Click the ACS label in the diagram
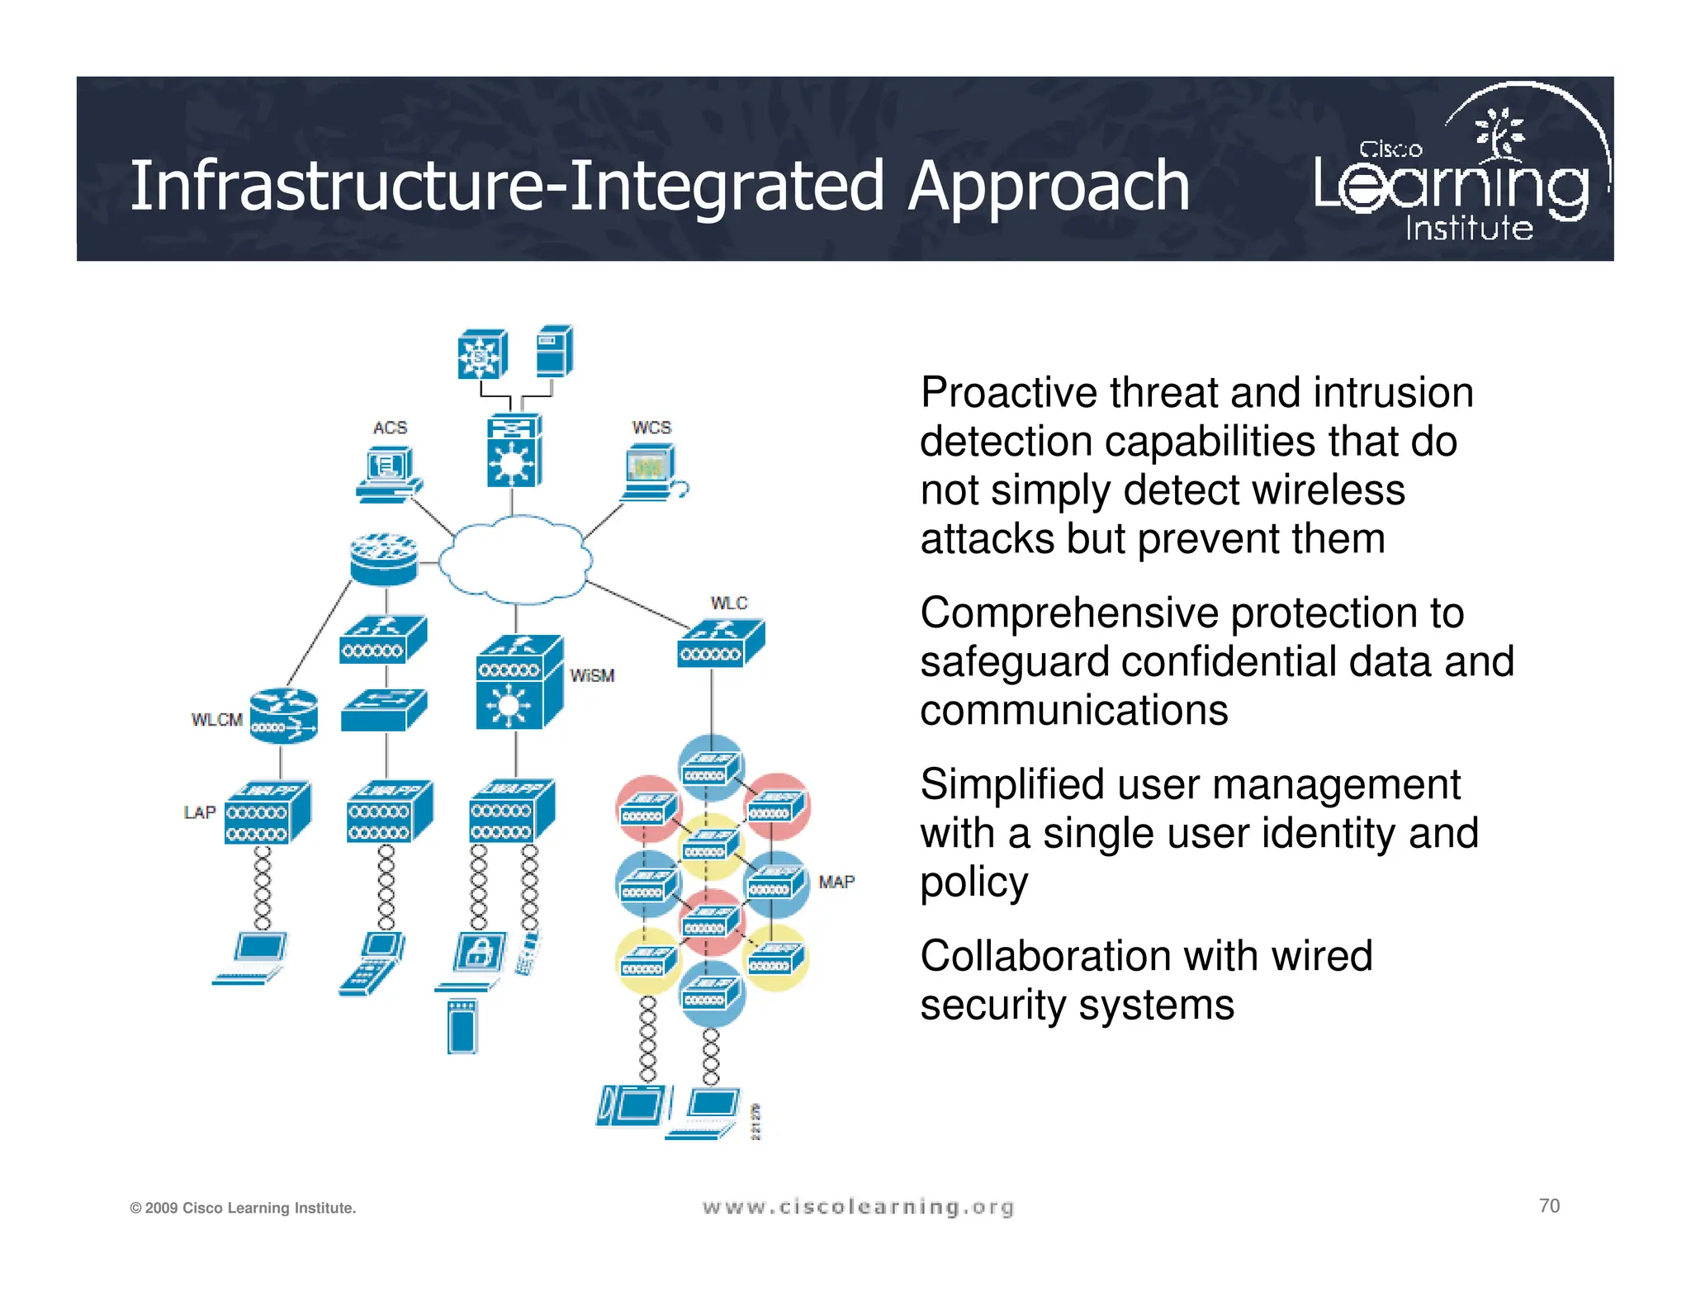pyautogui.click(x=390, y=428)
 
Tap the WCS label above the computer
pyautogui.click(x=651, y=428)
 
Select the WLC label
pyautogui.click(x=728, y=603)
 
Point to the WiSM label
pyautogui.click(x=592, y=676)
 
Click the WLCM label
pyautogui.click(x=216, y=720)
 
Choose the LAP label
pyautogui.click(x=199, y=812)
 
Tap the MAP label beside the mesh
pyautogui.click(x=836, y=882)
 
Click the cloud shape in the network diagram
pyautogui.click(x=515, y=560)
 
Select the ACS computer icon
pyautogui.click(x=388, y=476)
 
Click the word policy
pyautogui.click(x=974, y=882)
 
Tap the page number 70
pyautogui.click(x=1549, y=1206)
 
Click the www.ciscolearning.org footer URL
pyautogui.click(x=857, y=1208)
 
